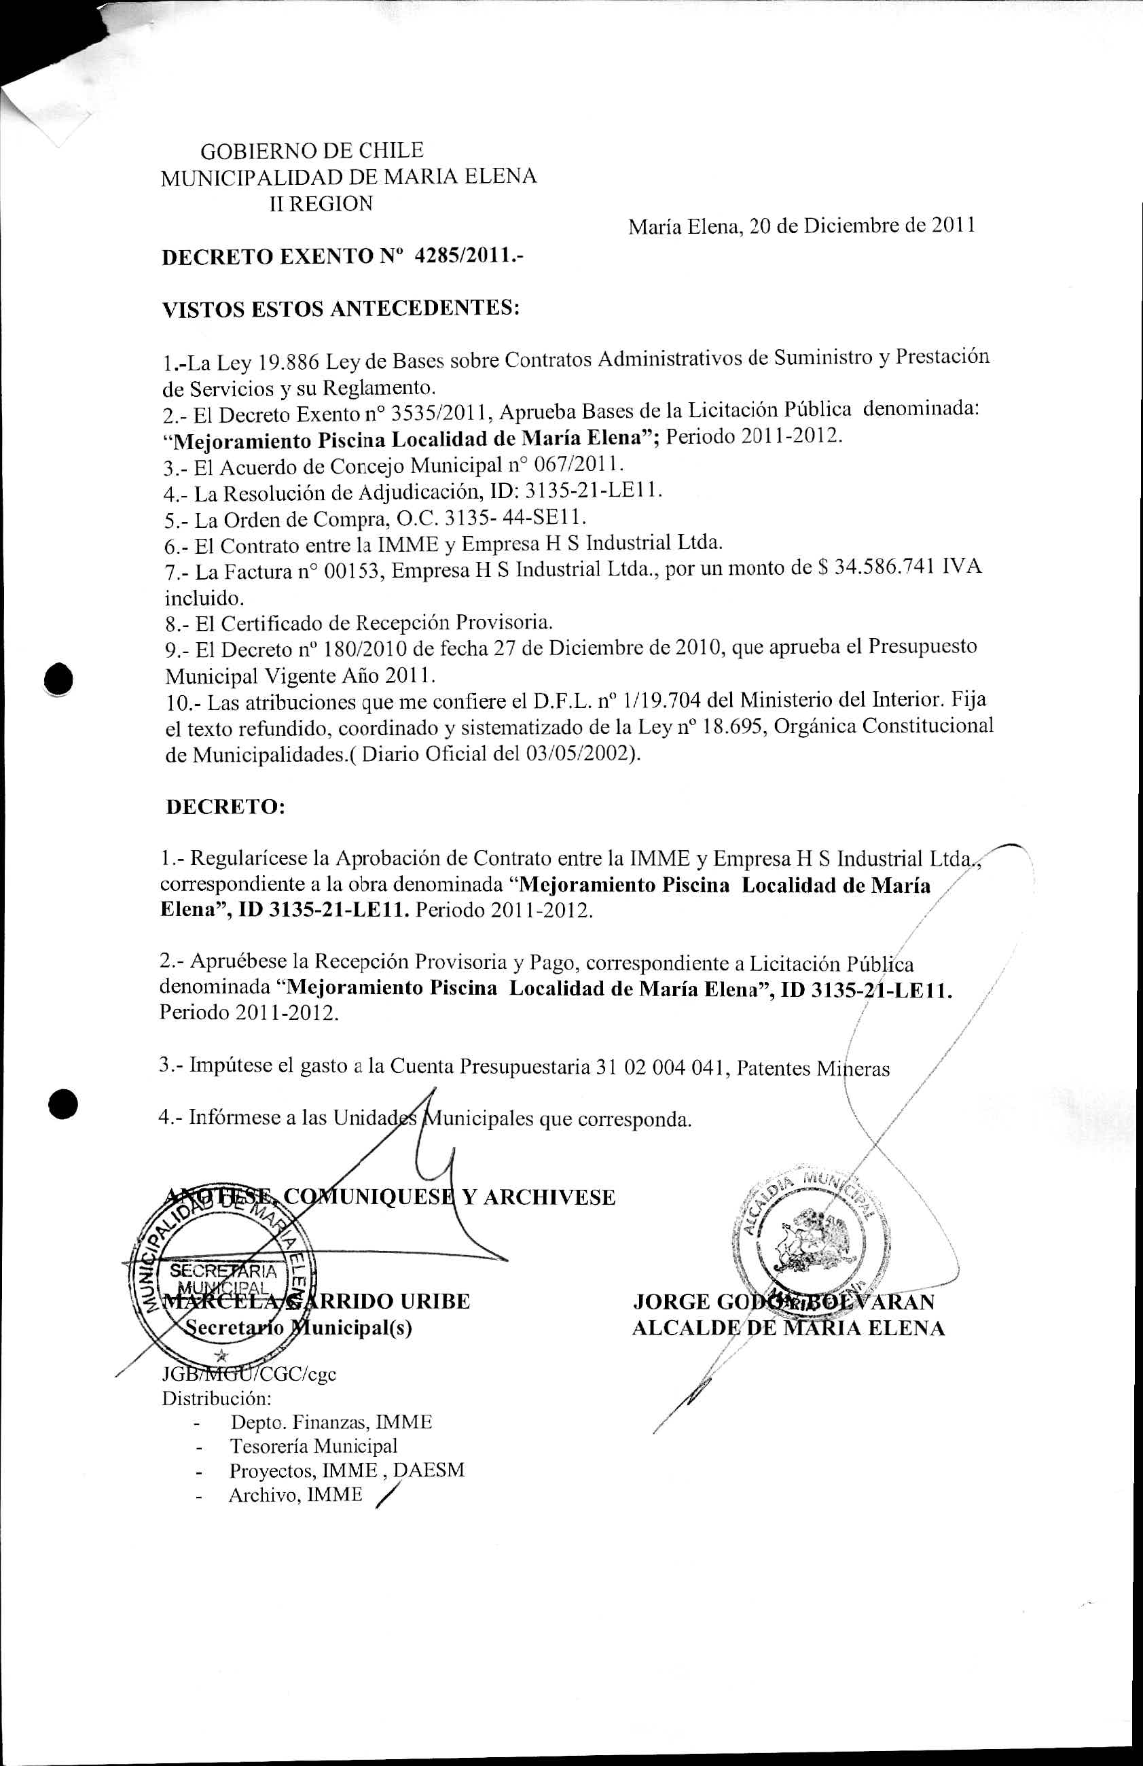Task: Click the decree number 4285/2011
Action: point(469,256)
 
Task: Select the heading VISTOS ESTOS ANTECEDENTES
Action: point(340,308)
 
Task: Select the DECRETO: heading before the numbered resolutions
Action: point(225,807)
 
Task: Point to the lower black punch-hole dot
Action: point(63,1103)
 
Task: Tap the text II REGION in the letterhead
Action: point(321,203)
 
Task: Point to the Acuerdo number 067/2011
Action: point(573,465)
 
